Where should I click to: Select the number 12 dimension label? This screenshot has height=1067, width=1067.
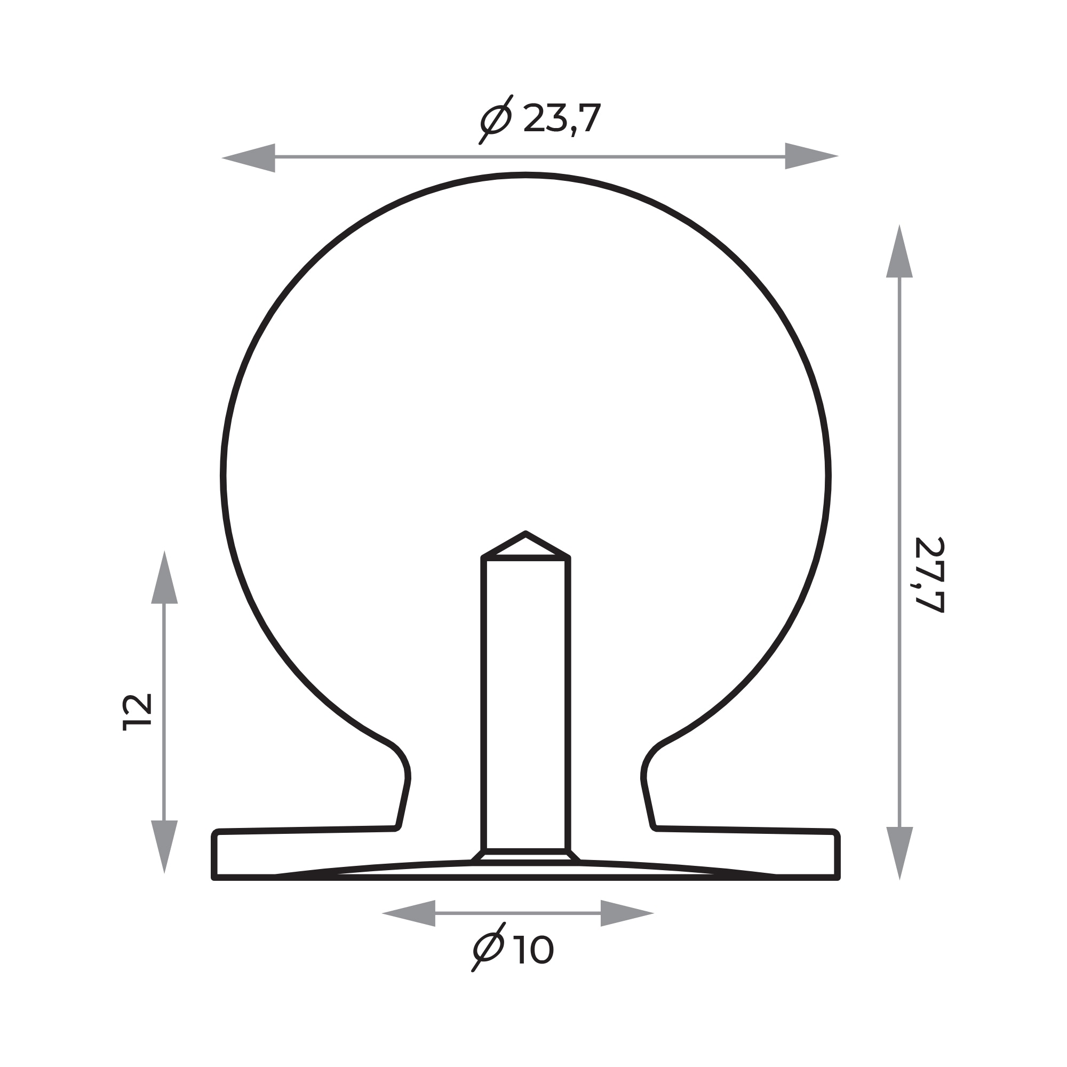coord(137,712)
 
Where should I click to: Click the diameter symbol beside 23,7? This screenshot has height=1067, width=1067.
coord(496,120)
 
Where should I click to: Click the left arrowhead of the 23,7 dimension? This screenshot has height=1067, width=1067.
coord(249,158)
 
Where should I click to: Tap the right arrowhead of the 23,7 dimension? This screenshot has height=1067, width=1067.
coord(812,156)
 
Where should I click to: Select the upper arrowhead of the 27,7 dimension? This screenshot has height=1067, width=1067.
coord(899,251)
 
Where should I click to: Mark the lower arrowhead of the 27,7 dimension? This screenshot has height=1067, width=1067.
coord(899,853)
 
